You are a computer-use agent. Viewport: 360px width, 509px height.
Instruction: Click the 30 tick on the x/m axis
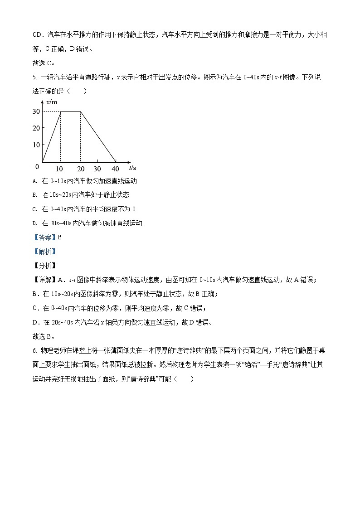click(x=35, y=111)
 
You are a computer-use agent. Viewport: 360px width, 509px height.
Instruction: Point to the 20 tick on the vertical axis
click(x=35, y=128)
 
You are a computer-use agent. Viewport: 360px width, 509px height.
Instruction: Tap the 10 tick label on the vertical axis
click(x=35, y=145)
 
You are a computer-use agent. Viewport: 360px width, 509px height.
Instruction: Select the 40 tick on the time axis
click(x=115, y=169)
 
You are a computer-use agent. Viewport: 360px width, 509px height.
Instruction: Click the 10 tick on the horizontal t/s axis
click(x=59, y=169)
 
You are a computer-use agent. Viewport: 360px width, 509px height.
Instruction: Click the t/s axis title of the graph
click(x=132, y=168)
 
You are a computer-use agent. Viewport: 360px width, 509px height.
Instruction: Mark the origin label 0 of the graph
click(x=37, y=166)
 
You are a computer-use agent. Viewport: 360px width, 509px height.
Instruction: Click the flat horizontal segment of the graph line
click(x=71, y=111)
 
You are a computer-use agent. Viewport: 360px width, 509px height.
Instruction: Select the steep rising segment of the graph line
click(x=52, y=136)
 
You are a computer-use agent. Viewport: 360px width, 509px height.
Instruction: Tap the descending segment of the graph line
click(x=98, y=136)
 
